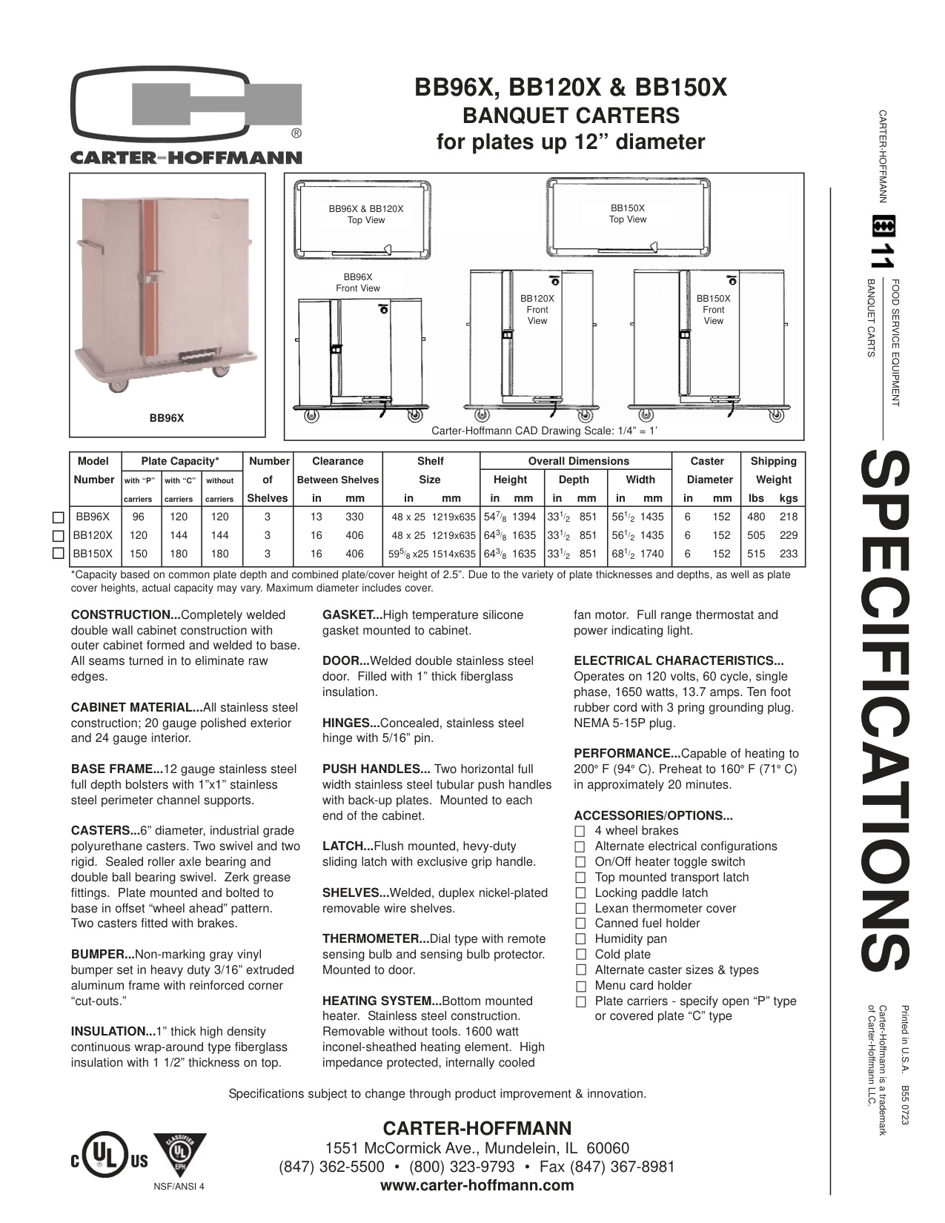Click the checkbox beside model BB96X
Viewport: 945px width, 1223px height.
[x=57, y=517]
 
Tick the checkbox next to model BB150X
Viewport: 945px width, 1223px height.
[x=57, y=554]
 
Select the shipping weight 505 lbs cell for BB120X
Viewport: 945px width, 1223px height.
[x=755, y=535]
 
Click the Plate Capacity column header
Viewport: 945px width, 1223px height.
[x=180, y=461]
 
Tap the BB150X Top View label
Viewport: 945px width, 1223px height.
[x=627, y=214]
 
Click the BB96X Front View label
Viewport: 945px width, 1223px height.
[x=357, y=282]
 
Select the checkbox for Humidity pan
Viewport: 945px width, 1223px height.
[x=580, y=939]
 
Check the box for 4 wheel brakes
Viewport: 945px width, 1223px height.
[x=580, y=832]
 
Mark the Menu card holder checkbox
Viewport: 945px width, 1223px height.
[x=580, y=986]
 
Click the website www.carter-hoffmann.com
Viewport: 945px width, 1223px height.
[x=477, y=1185]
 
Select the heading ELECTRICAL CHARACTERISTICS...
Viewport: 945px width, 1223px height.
[x=678, y=661]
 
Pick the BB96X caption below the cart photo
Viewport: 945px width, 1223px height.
[x=167, y=419]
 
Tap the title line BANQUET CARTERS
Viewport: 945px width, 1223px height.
[x=571, y=116]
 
